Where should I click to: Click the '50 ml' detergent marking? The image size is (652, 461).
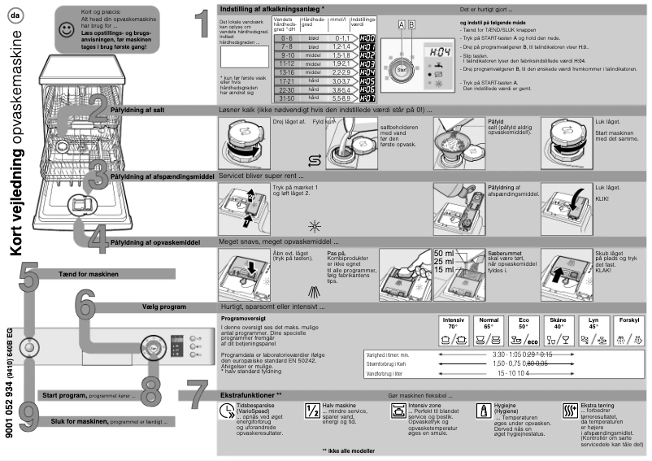click(444, 253)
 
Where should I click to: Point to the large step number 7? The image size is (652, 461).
click(200, 395)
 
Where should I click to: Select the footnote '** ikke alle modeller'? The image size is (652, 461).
click(349, 450)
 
